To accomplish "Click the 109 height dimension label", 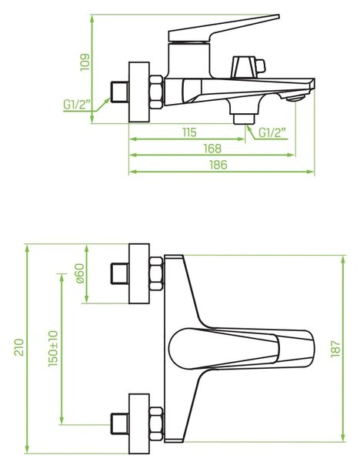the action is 85,62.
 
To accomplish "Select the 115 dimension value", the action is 189,132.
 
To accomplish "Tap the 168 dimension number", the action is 212,149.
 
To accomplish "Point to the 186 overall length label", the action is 218,165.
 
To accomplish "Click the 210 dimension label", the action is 19,347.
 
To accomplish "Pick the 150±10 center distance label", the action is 53,348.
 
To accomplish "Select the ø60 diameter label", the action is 80,273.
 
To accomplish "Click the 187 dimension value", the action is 335,349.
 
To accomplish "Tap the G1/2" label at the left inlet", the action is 77,105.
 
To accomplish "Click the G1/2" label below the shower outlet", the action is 272,132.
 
